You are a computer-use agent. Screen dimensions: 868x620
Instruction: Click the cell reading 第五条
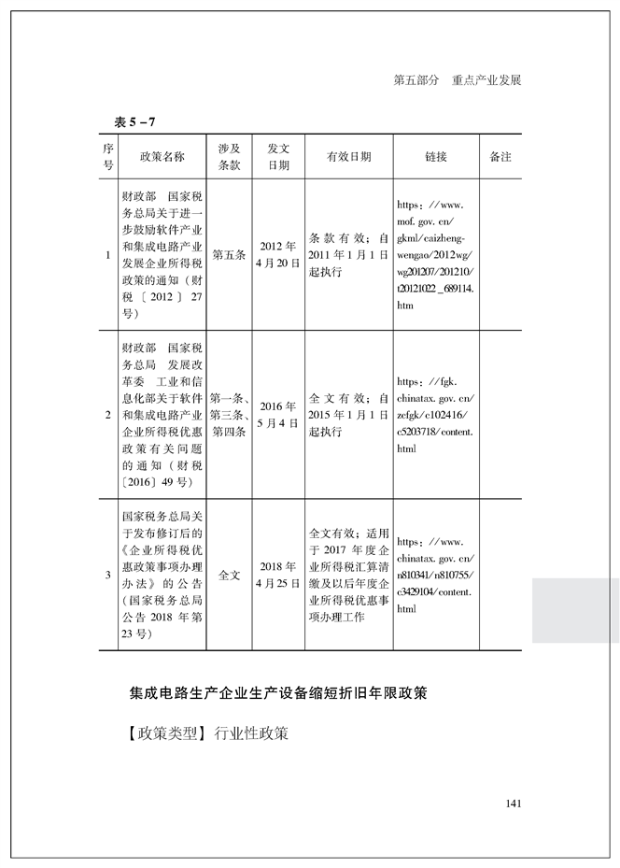tap(230, 254)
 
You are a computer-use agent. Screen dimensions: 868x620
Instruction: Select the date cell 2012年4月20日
tap(278, 254)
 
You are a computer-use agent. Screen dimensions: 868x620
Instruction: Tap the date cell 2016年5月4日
tap(278, 415)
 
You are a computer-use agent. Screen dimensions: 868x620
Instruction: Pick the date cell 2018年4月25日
tap(278, 575)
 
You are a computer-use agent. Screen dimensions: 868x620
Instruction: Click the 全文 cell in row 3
tap(230, 575)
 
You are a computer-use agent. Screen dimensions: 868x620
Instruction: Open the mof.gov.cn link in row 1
tap(435, 254)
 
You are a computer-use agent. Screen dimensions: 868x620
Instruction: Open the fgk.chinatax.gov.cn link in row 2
tap(435, 415)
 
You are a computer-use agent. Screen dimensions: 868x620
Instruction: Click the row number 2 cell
tap(108, 415)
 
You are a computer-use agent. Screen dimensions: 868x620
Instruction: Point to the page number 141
tap(512, 804)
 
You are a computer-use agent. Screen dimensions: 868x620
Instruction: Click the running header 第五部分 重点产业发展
tap(457, 80)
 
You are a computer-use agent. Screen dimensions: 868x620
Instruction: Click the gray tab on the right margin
tap(575, 609)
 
